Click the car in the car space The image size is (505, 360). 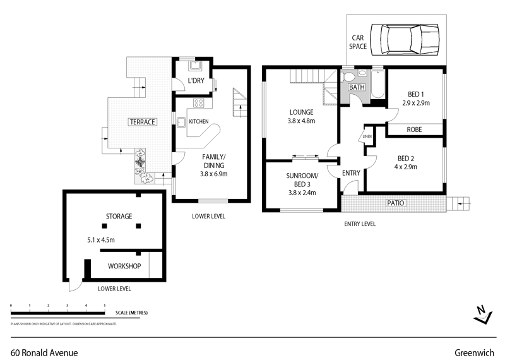coord(405,39)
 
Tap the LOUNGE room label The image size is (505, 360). coord(301,112)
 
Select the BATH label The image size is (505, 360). coord(357,87)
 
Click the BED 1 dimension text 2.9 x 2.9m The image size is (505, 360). coord(415,102)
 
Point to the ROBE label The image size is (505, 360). coord(414,129)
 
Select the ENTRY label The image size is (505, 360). coord(351,173)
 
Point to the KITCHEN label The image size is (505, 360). coord(199,121)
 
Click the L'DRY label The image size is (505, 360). coord(194,81)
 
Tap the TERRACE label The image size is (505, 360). coord(142,122)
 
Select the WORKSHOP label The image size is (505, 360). coord(124,266)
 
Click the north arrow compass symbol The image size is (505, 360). coord(482,314)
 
